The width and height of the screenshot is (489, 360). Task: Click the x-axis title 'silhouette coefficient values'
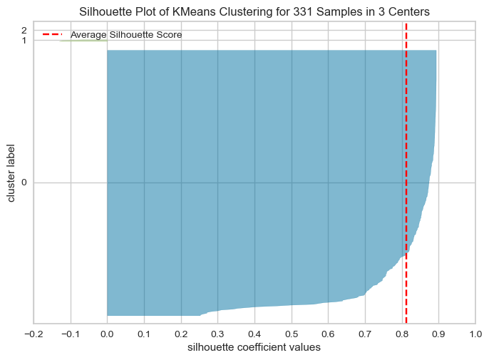click(x=254, y=348)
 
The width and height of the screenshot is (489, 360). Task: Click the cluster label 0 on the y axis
click(x=24, y=182)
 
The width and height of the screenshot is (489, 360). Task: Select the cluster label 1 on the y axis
click(x=24, y=40)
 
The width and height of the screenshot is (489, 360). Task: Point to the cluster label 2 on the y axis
click(x=24, y=30)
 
